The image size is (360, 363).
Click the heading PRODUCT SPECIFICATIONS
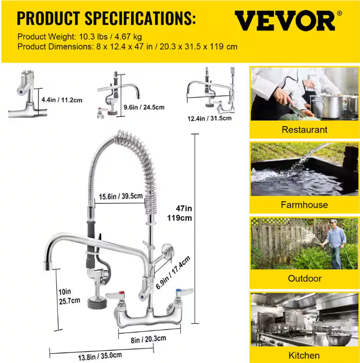[106, 18]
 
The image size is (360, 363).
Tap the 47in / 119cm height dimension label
[180, 213]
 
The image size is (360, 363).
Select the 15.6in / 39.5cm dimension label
[121, 196]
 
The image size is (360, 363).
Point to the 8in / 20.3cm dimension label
[148, 339]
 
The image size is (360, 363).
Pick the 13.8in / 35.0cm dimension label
[100, 356]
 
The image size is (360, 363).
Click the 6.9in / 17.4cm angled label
[173, 273]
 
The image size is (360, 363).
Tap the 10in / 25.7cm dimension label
[69, 296]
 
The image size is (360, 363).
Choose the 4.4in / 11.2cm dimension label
[62, 100]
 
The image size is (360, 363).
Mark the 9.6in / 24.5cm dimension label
[144, 107]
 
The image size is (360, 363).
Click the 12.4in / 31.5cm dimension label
[210, 118]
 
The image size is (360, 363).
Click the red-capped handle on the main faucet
[115, 295]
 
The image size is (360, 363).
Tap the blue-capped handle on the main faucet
[184, 292]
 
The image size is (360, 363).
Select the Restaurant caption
[304, 130]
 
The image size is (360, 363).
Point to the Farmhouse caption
[304, 205]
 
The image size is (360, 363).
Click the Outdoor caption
[305, 278]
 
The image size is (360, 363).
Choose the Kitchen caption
[304, 355]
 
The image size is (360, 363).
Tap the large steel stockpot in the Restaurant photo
[326, 106]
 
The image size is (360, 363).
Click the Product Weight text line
[80, 37]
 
